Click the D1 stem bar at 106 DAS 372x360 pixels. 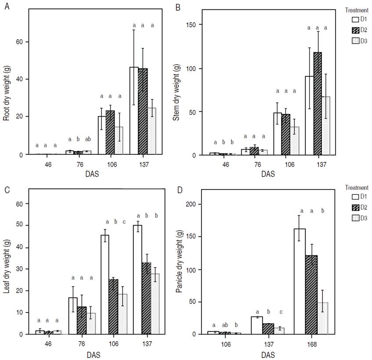click(278, 134)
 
